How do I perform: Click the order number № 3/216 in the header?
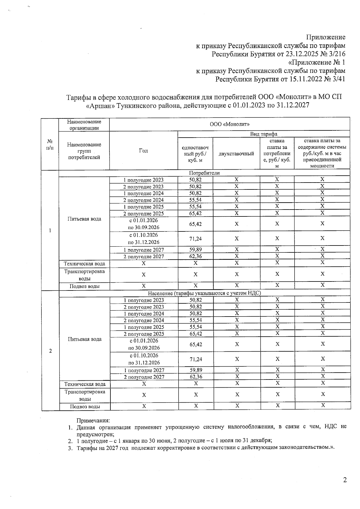[333, 54]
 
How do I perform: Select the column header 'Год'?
[143, 151]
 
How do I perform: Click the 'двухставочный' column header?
[236, 154]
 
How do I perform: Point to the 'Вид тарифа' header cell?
[264, 134]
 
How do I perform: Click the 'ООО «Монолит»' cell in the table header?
[229, 124]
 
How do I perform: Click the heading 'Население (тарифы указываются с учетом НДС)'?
[204, 293]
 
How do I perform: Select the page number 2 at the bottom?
[345, 480]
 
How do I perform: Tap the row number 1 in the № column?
[50, 230]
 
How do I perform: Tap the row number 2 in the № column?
[50, 351]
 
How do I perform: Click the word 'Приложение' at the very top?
[325, 37]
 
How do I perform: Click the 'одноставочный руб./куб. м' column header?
[195, 154]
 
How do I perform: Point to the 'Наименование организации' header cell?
[84, 125]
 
